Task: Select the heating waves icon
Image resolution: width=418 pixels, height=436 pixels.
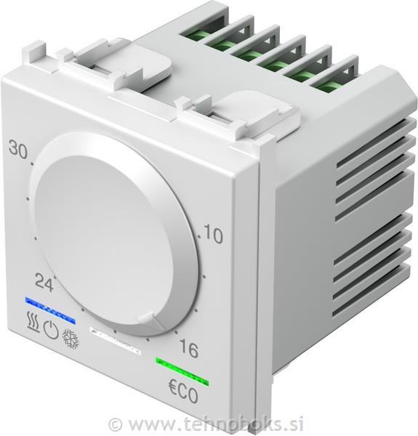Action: point(32,323)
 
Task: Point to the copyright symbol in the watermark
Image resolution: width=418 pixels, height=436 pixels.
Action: point(115,423)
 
